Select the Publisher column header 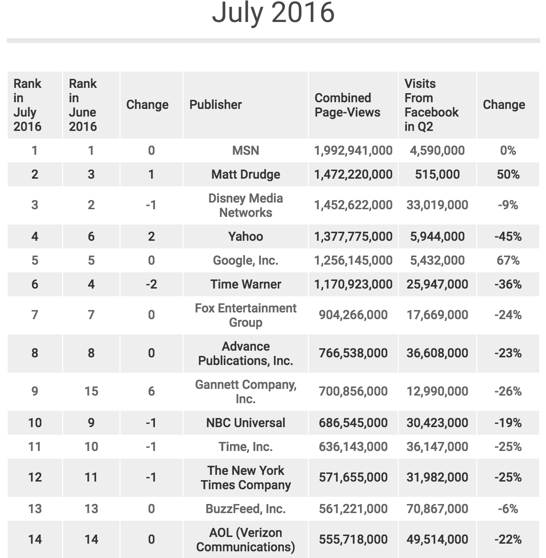click(216, 105)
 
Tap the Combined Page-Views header click(347, 105)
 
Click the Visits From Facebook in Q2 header click(431, 105)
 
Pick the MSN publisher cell click(245, 150)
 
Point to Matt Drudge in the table click(245, 174)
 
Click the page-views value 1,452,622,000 click(353, 205)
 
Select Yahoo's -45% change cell click(508, 236)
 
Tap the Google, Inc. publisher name click(245, 260)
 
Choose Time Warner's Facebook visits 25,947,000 click(437, 284)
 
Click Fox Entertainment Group click(245, 315)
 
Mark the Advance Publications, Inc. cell click(245, 353)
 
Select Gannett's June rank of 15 click(91, 391)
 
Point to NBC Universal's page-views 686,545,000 click(353, 423)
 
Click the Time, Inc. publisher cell click(245, 447)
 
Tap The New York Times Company click(245, 477)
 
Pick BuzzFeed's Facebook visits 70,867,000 click(437, 509)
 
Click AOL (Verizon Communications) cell click(245, 539)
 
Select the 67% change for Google click(508, 260)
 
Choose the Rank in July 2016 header click(27, 105)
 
